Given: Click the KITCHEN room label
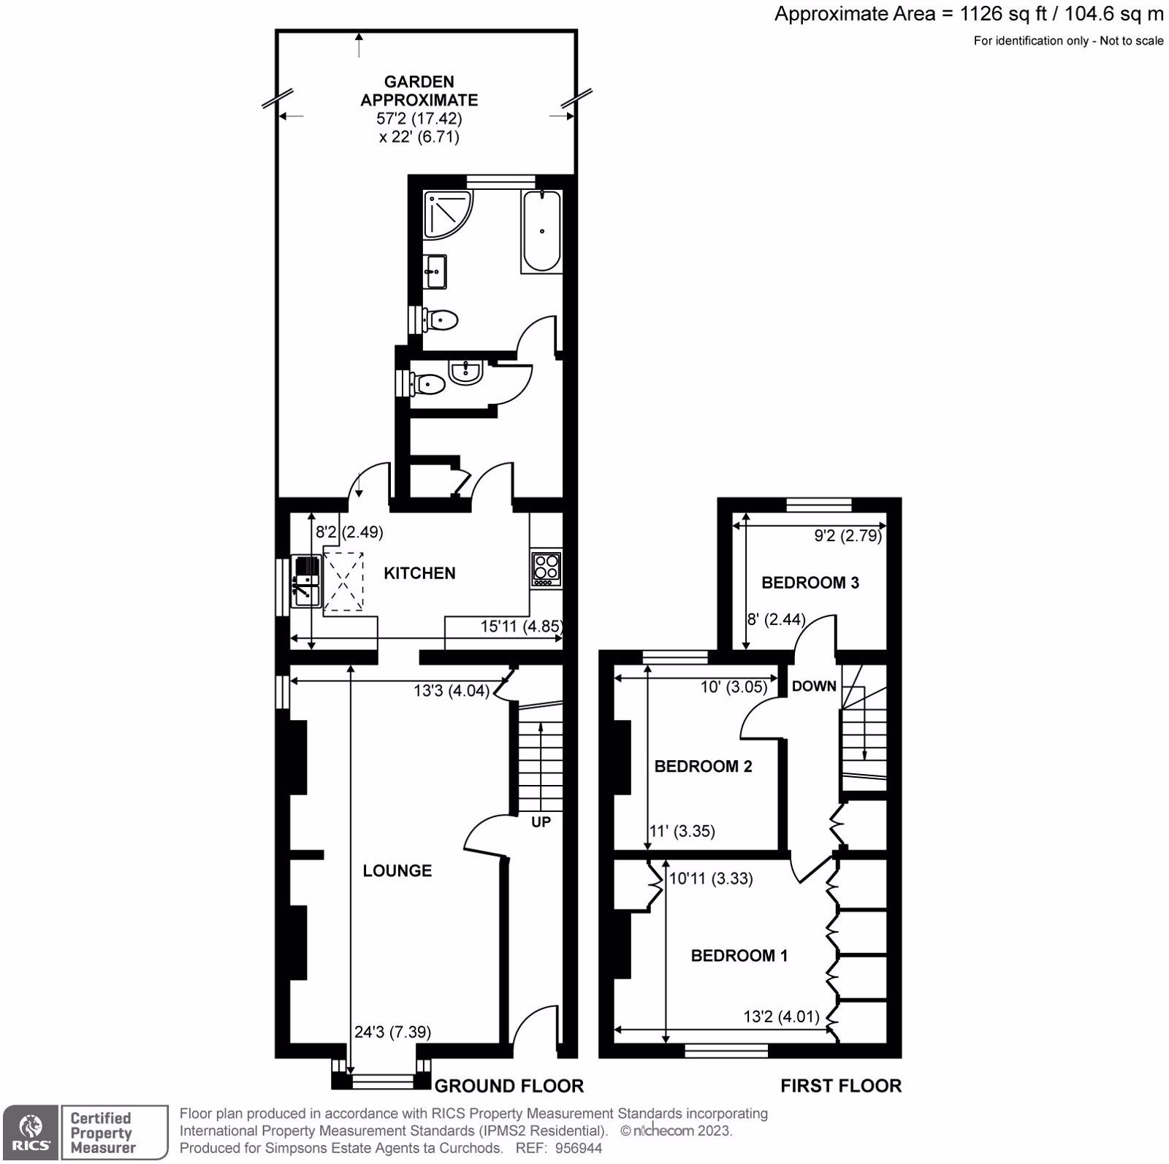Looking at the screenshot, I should [x=419, y=573].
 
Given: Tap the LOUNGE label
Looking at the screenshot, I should [x=397, y=870].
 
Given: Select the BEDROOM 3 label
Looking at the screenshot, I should [x=810, y=582].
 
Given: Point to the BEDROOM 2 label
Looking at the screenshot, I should [x=703, y=766].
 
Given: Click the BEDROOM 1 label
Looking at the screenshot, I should [x=739, y=955].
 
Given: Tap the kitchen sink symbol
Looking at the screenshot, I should [x=307, y=581].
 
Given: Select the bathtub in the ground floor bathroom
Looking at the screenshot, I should [x=541, y=231].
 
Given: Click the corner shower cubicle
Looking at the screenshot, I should [x=446, y=213].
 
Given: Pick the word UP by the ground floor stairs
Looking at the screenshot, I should [x=541, y=822].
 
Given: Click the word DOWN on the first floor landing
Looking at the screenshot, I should [x=814, y=686].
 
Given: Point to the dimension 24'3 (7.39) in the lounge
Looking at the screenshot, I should [x=392, y=1032].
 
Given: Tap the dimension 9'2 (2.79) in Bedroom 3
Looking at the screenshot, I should [x=848, y=535].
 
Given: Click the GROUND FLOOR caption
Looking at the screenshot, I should [x=509, y=1086].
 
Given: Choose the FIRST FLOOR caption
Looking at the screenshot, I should [x=840, y=1086].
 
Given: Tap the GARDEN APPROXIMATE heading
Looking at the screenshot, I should [x=419, y=91].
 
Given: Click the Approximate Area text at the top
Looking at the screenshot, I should [x=968, y=14].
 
